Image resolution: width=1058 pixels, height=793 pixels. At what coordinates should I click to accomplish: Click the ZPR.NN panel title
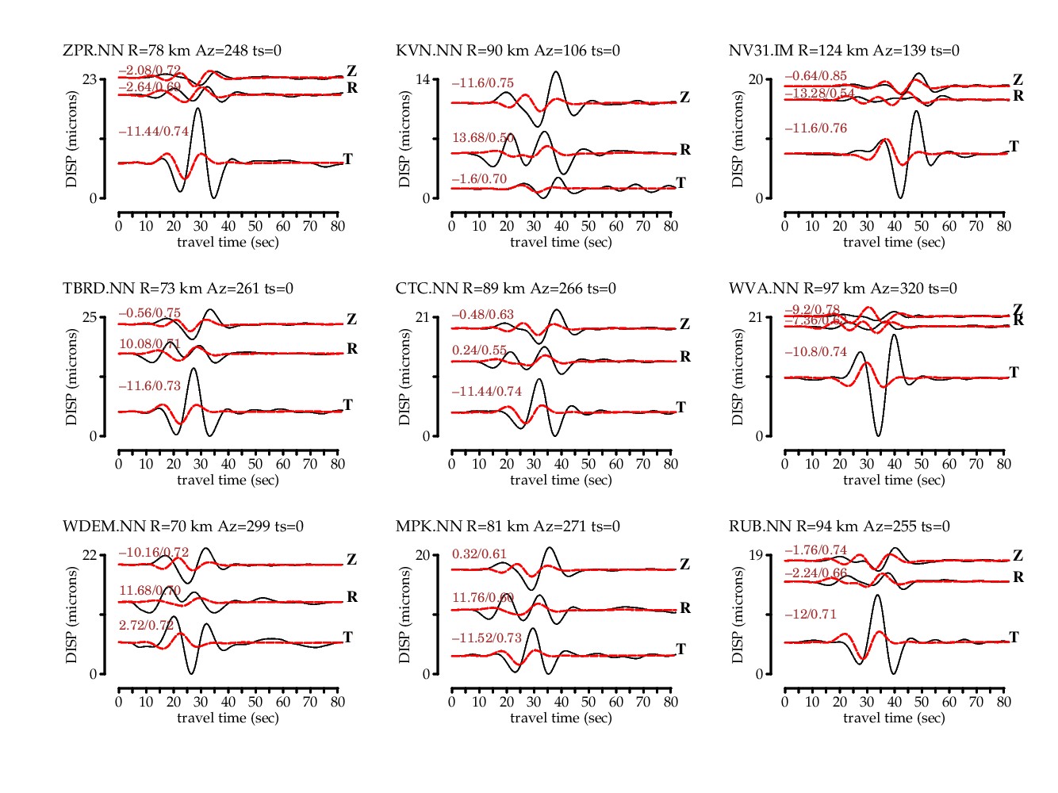(172, 51)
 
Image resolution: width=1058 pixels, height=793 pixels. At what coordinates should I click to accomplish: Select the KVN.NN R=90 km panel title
(508, 51)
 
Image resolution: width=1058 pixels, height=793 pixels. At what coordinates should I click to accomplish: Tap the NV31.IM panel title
(844, 51)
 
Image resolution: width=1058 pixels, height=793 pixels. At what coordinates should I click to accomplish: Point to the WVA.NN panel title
(842, 289)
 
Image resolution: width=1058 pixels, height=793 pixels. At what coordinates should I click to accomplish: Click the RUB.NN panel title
(839, 527)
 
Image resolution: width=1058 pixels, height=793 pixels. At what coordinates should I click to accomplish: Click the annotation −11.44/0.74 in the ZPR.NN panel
(154, 132)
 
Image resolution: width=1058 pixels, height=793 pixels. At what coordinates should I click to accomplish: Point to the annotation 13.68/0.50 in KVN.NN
(483, 138)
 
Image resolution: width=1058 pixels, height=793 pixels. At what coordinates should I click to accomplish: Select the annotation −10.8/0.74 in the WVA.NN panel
(815, 352)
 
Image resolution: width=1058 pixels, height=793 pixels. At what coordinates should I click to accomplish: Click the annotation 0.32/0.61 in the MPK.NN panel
(479, 554)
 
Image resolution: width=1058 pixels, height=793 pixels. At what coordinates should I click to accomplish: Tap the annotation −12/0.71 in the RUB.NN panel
(811, 615)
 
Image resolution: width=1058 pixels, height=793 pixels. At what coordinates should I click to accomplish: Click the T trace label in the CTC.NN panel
(680, 408)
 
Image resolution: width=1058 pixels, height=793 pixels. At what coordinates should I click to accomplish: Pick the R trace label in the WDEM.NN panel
(352, 597)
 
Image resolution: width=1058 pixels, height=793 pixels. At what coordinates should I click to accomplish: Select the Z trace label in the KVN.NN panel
(684, 98)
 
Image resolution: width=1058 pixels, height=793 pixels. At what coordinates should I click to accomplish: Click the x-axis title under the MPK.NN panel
(561, 718)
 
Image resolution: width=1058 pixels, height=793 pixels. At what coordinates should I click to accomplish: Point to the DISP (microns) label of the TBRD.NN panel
(72, 377)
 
